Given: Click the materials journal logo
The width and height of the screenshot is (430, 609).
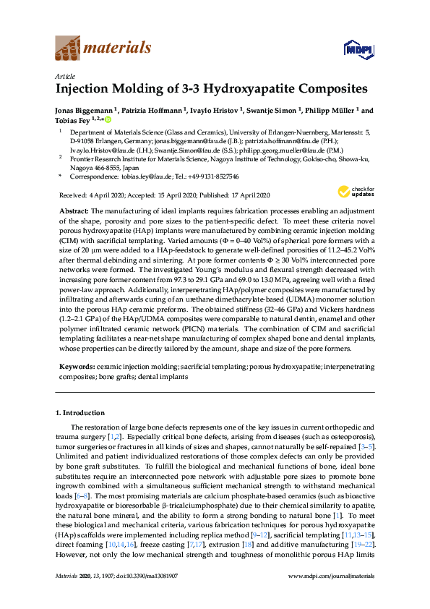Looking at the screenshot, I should (x=103, y=48).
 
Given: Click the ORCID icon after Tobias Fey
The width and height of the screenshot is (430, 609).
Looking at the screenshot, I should (x=108, y=120).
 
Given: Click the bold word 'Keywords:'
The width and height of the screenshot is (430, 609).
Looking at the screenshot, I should (x=75, y=367).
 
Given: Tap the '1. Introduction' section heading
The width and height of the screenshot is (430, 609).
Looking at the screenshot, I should (x=80, y=412).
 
